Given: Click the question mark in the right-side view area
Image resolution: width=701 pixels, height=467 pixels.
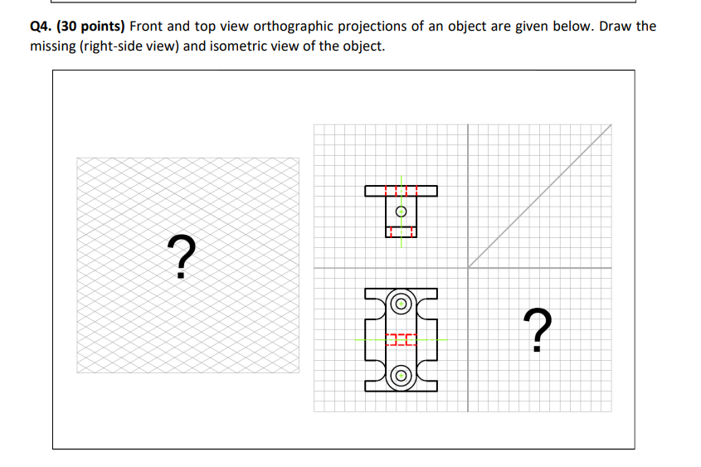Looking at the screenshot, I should (540, 329).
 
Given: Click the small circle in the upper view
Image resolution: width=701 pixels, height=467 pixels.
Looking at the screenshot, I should (401, 212).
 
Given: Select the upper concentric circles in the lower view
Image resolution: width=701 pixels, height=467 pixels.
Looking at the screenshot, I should (401, 303).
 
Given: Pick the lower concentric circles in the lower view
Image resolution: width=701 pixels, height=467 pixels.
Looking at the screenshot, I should (401, 376).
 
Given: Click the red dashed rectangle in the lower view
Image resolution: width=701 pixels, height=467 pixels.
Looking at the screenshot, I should (401, 339).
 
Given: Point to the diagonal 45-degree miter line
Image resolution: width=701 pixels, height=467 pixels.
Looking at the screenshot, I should (539, 196).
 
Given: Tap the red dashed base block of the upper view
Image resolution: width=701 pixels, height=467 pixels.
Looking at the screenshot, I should (401, 231).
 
